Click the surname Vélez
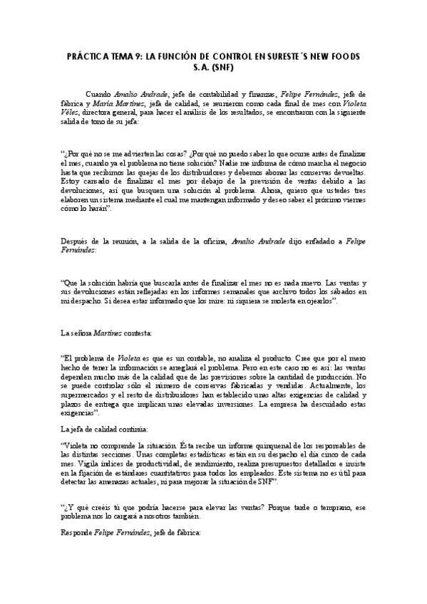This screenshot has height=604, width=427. click(72, 113)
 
